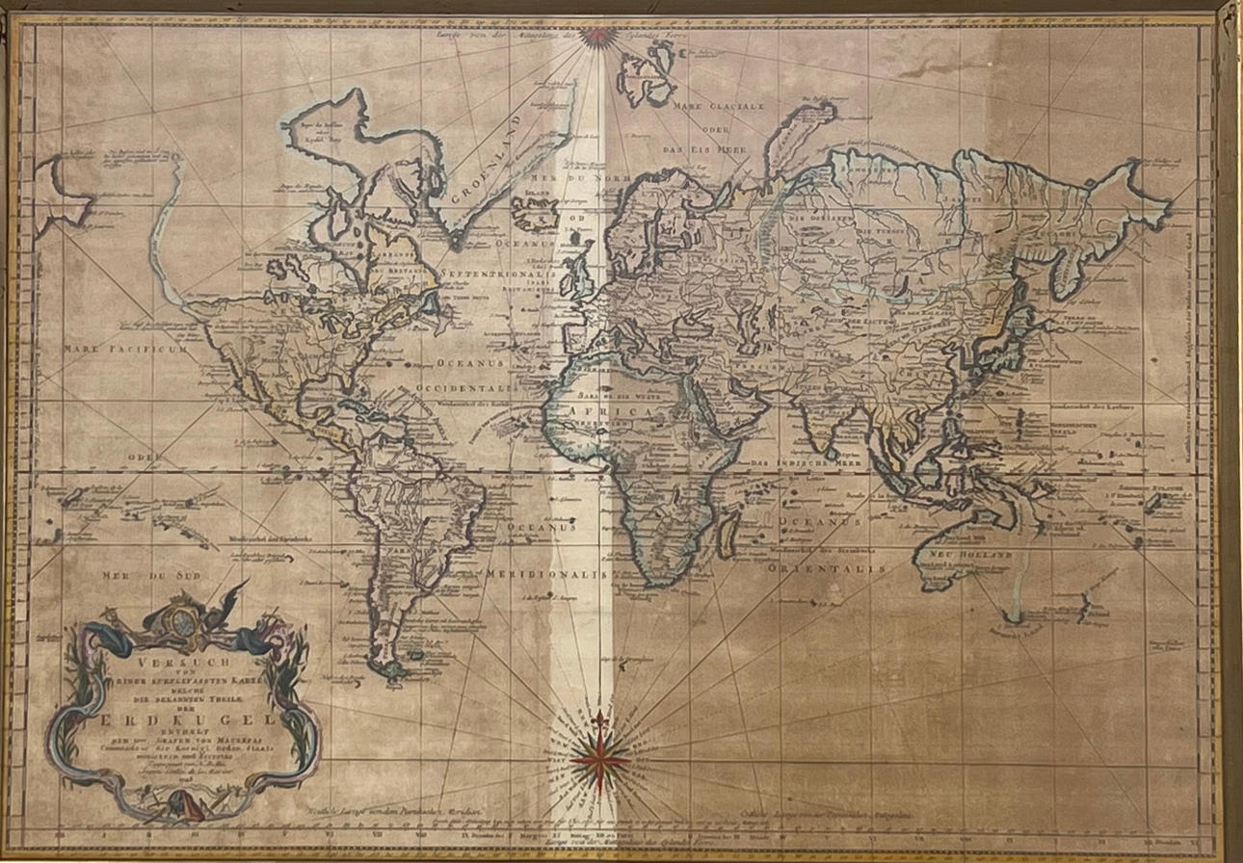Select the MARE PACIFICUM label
125,349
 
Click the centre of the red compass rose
599,756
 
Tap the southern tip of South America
395,674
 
